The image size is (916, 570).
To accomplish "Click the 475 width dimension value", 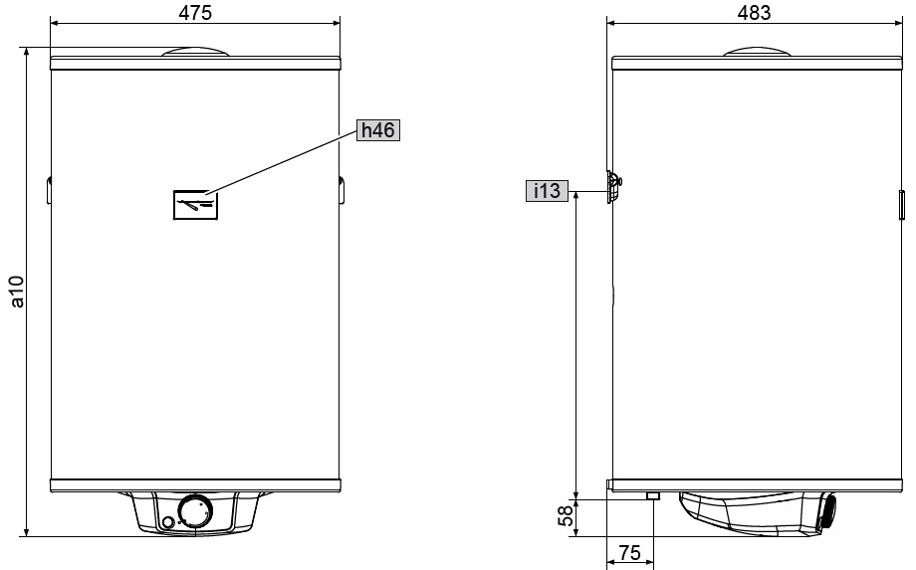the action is click(195, 13).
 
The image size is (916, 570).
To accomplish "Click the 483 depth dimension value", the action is click(754, 13).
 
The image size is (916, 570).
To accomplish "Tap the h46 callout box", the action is click(378, 130).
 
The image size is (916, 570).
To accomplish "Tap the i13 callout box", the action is click(547, 191).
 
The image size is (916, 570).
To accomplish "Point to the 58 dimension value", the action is click(566, 516).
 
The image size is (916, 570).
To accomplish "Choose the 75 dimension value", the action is click(629, 552).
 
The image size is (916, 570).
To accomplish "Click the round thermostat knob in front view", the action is click(194, 511).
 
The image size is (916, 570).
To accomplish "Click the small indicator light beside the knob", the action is click(167, 522).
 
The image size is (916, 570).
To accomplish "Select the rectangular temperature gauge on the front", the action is click(196, 205).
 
